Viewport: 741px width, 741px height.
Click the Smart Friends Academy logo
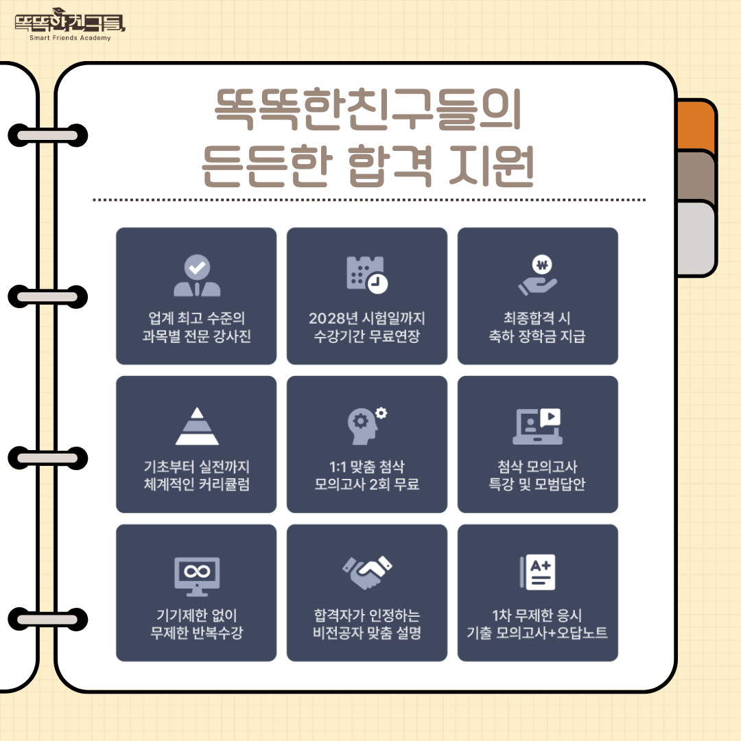coord(70,25)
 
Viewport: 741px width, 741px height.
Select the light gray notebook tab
coord(696,239)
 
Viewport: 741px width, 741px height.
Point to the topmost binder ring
coord(48,136)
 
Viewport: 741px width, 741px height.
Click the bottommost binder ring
coord(48,620)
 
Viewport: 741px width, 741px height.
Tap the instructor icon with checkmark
coord(197,276)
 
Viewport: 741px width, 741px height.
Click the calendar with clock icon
coord(367,275)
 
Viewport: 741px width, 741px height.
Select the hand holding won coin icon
coord(538,276)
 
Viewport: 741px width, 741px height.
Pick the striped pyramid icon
coord(197,426)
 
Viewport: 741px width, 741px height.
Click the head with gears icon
coord(367,425)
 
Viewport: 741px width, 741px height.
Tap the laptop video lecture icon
coord(538,426)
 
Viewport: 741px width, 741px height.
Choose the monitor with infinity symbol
coord(197,576)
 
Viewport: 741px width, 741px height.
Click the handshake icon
coord(367,573)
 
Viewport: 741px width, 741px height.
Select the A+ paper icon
coord(538,572)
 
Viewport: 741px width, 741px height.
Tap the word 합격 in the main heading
coord(390,165)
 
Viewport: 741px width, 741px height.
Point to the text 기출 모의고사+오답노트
coord(537,633)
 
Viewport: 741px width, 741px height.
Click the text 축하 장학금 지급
coord(537,336)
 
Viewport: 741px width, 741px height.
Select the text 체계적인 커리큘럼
coord(197,484)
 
